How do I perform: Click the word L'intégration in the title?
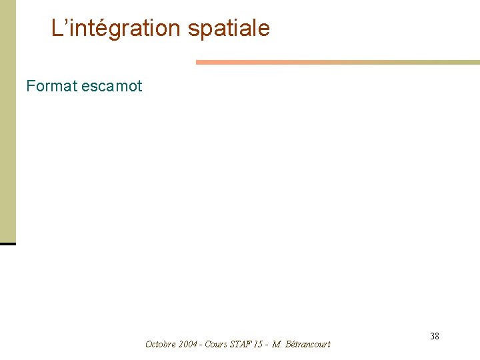(116, 29)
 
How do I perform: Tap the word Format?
(52, 86)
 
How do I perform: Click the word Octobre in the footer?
(161, 344)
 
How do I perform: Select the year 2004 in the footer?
(188, 344)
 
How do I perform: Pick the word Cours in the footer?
(216, 344)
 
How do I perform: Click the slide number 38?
(435, 336)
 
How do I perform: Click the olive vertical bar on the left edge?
(7, 120)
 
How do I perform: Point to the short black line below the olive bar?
(7, 244)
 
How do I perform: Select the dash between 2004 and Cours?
(201, 345)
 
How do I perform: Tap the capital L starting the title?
(57, 29)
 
